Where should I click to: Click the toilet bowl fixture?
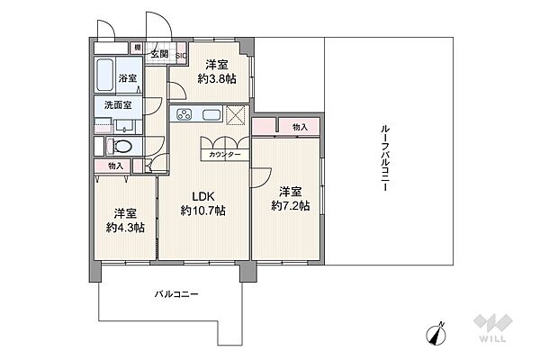(120, 147)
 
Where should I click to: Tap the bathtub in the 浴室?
(105, 75)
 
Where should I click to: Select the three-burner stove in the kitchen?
(184, 114)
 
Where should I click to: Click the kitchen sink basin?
(211, 114)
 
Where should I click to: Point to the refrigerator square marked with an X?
(236, 114)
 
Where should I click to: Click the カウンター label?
(224, 155)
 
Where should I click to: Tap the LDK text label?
(203, 197)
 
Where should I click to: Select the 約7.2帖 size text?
(291, 206)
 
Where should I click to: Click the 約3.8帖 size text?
(217, 79)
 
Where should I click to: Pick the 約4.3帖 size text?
(125, 228)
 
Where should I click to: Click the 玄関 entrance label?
(160, 54)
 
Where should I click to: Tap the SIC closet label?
(181, 56)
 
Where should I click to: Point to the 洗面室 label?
(118, 104)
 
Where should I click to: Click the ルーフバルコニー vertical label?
(385, 158)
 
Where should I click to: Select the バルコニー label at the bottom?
(176, 294)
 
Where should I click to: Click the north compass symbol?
(436, 334)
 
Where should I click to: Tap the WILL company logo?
(493, 328)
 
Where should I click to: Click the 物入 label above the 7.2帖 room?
(300, 127)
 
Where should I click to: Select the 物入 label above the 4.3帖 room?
(116, 166)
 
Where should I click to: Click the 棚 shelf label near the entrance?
(138, 48)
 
